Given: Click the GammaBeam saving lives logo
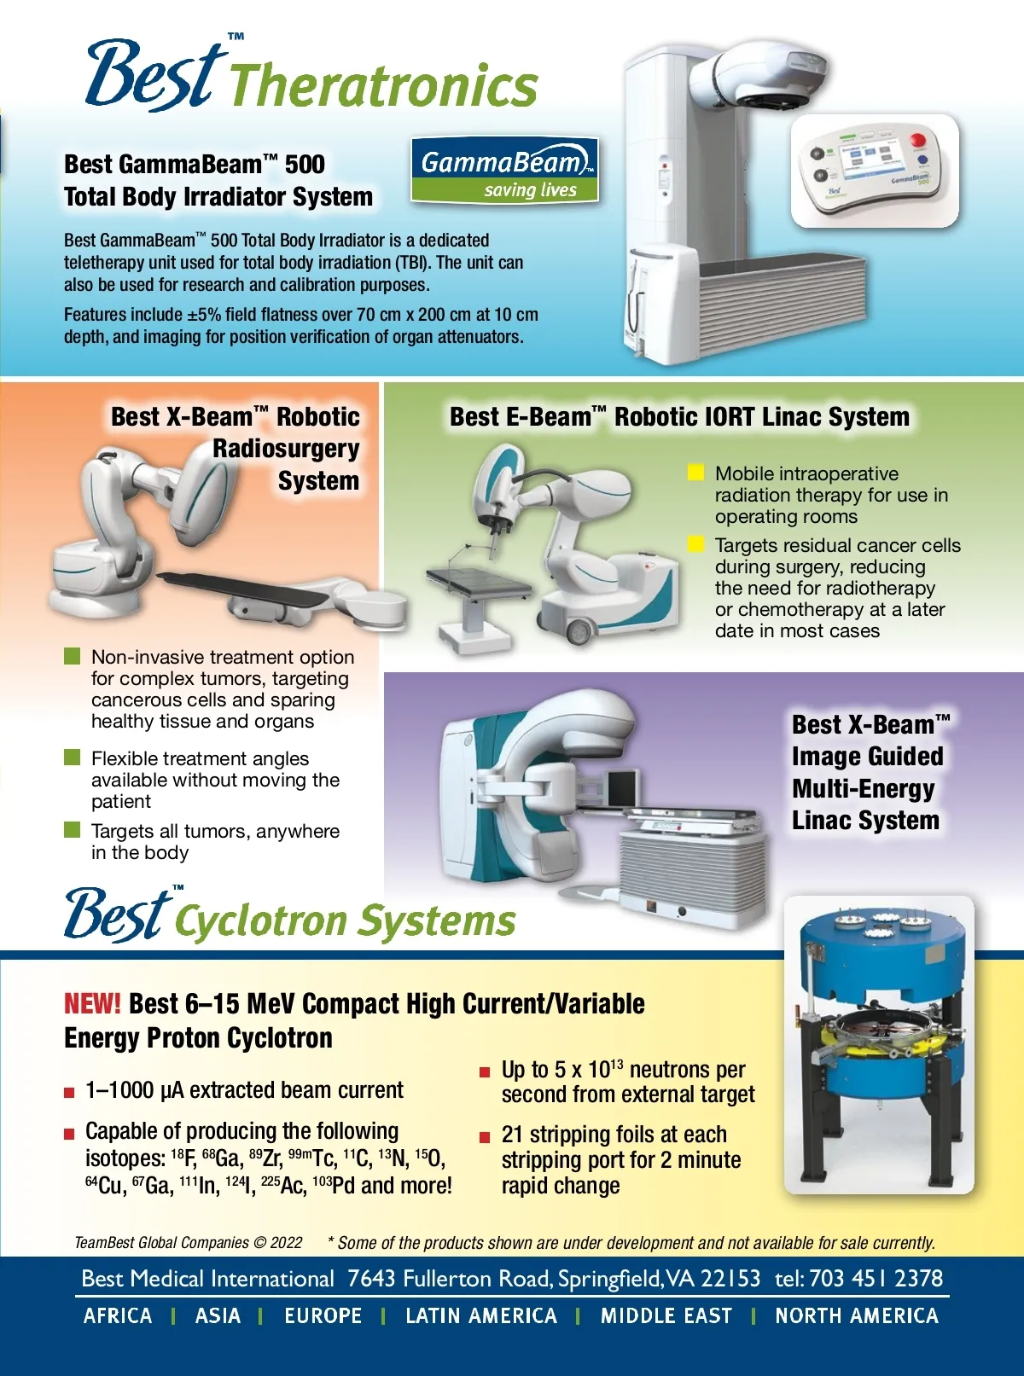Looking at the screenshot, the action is pyautogui.click(x=504, y=171).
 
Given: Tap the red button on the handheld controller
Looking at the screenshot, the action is pyautogui.click(x=916, y=140).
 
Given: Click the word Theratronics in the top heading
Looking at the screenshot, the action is pyautogui.click(x=384, y=86).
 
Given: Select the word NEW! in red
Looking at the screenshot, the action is pyautogui.click(x=92, y=1003).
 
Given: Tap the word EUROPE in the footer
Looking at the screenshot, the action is pyautogui.click(x=323, y=1315).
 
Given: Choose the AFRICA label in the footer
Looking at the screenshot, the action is pyautogui.click(x=118, y=1315).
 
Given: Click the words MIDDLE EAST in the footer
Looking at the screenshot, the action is pyautogui.click(x=666, y=1315).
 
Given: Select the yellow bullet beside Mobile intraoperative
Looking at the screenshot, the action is pyautogui.click(x=695, y=473).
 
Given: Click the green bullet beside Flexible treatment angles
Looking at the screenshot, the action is pyautogui.click(x=72, y=757).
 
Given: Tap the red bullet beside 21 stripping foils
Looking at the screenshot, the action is pyautogui.click(x=485, y=1137).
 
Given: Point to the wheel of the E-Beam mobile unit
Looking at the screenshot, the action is pyautogui.click(x=579, y=630).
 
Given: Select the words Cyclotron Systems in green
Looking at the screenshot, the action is pyautogui.click(x=346, y=920).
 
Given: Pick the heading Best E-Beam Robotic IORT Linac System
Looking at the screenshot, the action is pyautogui.click(x=679, y=416).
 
